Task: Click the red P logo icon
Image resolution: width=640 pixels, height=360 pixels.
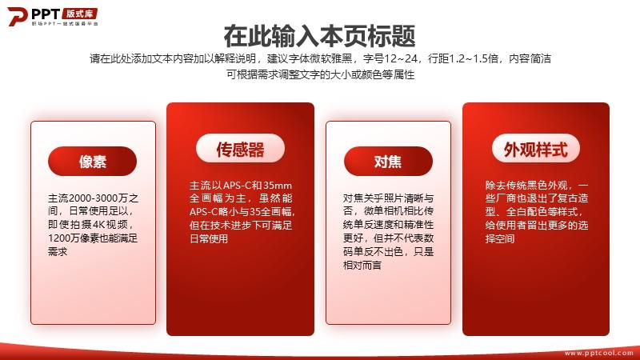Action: coord(17,17)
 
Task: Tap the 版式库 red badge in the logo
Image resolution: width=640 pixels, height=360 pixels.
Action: coord(79,14)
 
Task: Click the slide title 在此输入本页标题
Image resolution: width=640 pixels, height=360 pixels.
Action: coord(319,36)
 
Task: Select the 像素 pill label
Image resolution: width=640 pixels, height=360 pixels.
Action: coord(92,162)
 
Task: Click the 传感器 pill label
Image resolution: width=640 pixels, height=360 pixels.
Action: coord(241,149)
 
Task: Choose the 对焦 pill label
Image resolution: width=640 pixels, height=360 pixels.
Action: coord(388,162)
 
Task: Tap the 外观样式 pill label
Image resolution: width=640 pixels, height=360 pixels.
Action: coord(536,149)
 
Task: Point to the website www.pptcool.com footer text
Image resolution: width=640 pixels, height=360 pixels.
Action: coord(599,353)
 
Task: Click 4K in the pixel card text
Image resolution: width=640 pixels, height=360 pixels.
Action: coord(98,225)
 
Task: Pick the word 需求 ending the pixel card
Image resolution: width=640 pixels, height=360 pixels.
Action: coord(58,251)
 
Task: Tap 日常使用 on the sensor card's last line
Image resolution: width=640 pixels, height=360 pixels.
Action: coord(209,238)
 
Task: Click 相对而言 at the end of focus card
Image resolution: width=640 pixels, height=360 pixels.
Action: coord(362,265)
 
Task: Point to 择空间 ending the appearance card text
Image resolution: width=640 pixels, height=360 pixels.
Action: coord(500,238)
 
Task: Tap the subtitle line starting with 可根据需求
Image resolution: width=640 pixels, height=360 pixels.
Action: coord(321,74)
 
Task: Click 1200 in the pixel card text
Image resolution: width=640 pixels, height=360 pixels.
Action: coord(58,238)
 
